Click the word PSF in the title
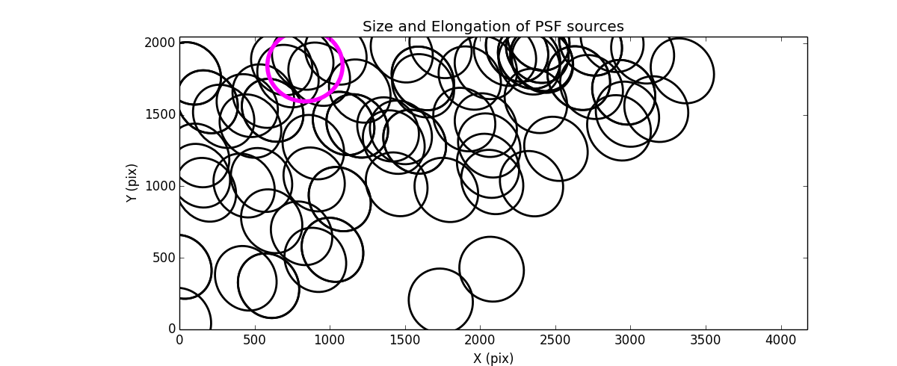tap(549, 27)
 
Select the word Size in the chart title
tap(377, 27)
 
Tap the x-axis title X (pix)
tap(493, 359)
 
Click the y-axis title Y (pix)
tap(132, 183)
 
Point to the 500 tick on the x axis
tap(255, 340)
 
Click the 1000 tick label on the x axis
tap(330, 340)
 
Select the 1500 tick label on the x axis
tap(405, 340)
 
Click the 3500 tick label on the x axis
tap(706, 340)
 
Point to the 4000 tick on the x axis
tap(781, 340)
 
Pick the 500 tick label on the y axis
tap(165, 258)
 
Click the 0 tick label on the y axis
tap(172, 329)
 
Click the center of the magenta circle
tap(305, 66)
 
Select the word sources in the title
tap(597, 27)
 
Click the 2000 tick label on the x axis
tap(480, 340)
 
